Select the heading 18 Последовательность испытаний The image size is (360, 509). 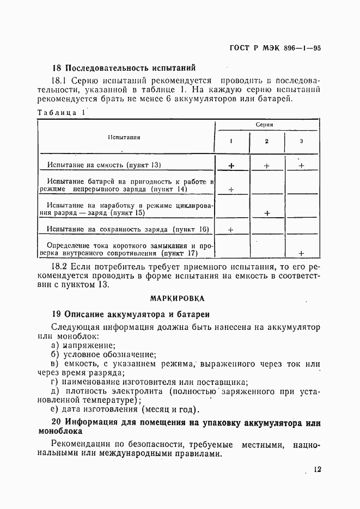click(123, 69)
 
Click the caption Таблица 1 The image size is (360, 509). click(61, 113)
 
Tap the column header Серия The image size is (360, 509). click(264, 125)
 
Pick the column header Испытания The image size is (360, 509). click(124, 137)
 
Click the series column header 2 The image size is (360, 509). click(266, 142)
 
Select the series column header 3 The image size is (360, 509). click(301, 142)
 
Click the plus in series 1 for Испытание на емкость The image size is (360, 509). click(231, 165)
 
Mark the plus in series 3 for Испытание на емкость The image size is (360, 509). click(301, 165)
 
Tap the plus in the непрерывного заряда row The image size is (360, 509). click(231, 189)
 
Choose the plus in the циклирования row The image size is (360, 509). click(267, 213)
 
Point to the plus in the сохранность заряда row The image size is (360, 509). click(231, 230)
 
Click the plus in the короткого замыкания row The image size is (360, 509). click(301, 253)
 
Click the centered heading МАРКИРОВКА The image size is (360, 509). click(178, 298)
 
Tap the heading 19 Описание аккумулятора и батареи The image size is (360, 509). click(130, 315)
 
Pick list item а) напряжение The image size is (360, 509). click(83, 345)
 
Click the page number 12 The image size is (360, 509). click(318, 470)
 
